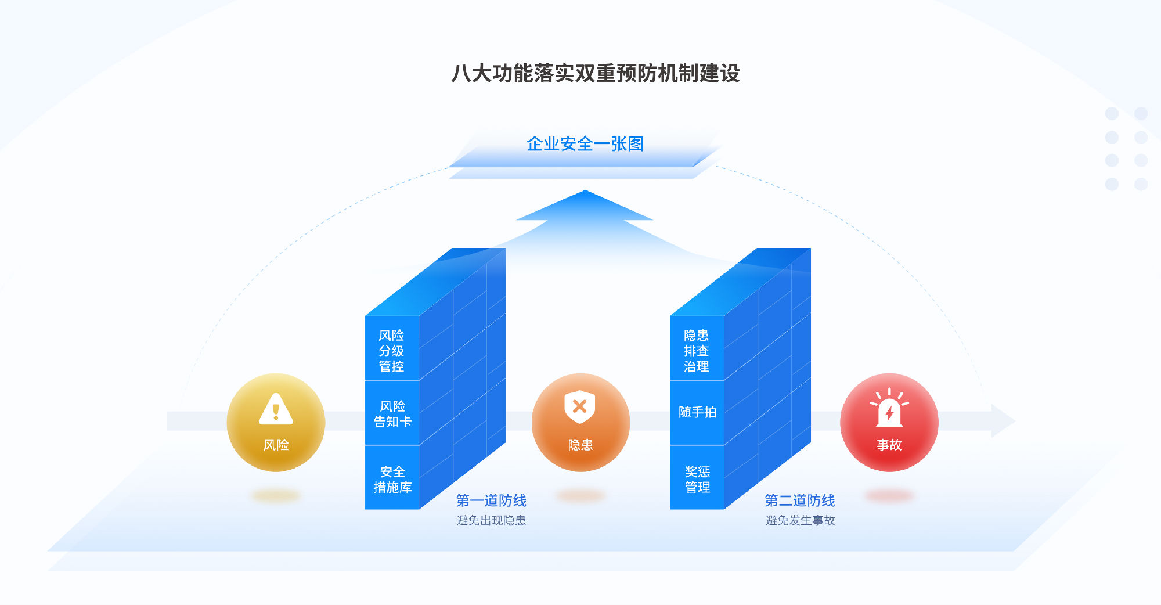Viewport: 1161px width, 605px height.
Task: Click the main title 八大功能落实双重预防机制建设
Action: pyautogui.click(x=596, y=73)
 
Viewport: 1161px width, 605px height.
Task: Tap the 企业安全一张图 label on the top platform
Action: pyautogui.click(x=585, y=144)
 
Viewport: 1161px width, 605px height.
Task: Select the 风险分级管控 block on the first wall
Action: pyautogui.click(x=392, y=348)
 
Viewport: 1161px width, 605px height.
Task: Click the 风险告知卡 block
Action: pyautogui.click(x=392, y=413)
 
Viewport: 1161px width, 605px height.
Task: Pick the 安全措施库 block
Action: pyautogui.click(x=392, y=478)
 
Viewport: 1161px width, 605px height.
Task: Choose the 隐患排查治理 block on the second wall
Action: pyautogui.click(x=697, y=348)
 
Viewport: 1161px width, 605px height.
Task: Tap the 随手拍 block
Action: pyautogui.click(x=697, y=413)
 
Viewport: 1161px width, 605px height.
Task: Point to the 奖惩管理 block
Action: pyautogui.click(x=697, y=478)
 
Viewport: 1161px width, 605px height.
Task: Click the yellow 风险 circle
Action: pyautogui.click(x=276, y=422)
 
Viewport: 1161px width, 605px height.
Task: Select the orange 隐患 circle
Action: pyautogui.click(x=580, y=422)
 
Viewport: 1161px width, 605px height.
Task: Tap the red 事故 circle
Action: pyautogui.click(x=889, y=422)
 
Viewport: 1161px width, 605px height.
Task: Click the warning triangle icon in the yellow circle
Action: pyautogui.click(x=276, y=409)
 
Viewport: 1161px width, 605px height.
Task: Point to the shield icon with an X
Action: pyautogui.click(x=580, y=406)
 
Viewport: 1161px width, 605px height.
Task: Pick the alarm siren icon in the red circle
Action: pyautogui.click(x=889, y=408)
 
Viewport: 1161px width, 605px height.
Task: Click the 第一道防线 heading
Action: pyautogui.click(x=491, y=500)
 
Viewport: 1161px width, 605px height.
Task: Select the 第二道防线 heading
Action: pyautogui.click(x=800, y=500)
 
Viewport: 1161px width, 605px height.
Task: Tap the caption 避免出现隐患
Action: pyautogui.click(x=491, y=521)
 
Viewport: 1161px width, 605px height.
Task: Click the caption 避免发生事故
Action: pyautogui.click(x=800, y=521)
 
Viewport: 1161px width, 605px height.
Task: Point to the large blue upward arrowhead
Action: pyautogui.click(x=585, y=206)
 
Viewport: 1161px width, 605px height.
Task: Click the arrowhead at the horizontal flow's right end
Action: pyautogui.click(x=1003, y=421)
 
